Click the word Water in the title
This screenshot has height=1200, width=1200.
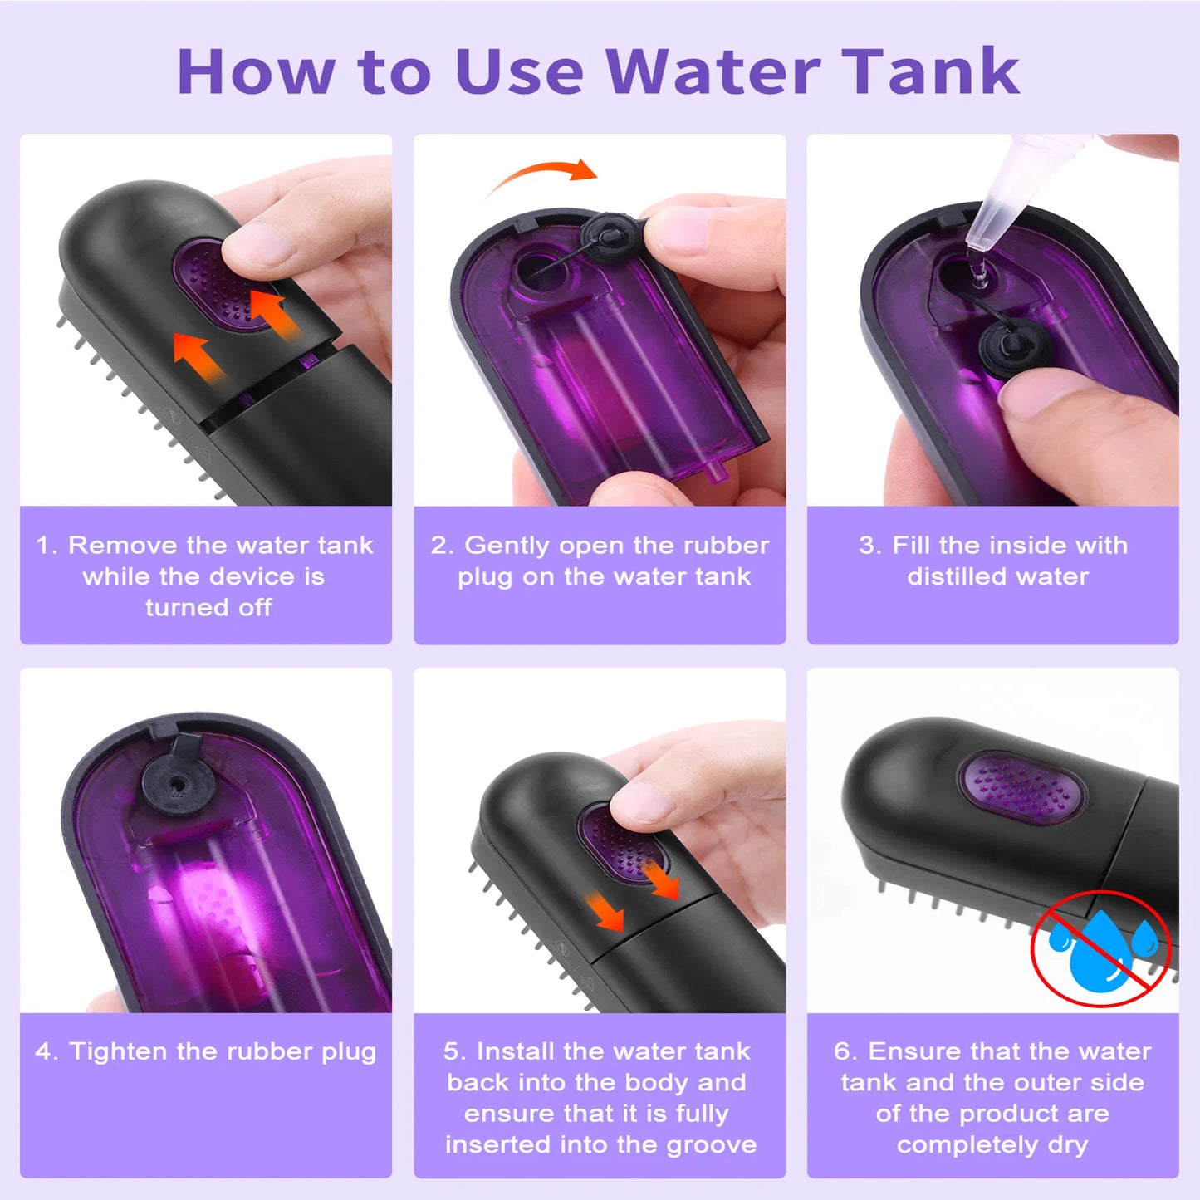[x=713, y=71]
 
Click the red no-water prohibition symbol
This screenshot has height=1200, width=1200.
[x=1100, y=948]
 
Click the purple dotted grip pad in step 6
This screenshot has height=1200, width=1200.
[x=1022, y=788]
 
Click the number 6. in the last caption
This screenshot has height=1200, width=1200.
[x=846, y=1051]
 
